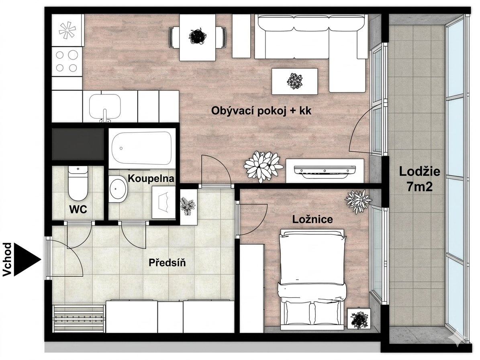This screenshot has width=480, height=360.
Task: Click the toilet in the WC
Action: pos(78,183)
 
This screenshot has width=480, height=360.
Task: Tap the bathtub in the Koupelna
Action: pos(141,148)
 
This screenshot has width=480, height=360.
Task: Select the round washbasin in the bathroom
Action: pos(118,188)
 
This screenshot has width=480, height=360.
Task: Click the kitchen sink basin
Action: pos(105,106)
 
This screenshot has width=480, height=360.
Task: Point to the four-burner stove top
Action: pos(67,61)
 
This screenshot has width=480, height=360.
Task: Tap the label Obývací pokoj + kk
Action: pos(261,111)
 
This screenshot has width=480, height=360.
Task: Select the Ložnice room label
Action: pos(312,219)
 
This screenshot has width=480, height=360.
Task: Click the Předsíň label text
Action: pos(167,262)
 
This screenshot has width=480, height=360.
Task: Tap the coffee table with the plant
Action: pos(295,81)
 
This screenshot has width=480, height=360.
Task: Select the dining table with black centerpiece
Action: pos(198,37)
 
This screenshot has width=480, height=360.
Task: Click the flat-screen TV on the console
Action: pos(325,171)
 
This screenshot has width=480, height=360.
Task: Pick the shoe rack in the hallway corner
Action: pos(79,318)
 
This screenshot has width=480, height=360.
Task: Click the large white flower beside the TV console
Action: pos(263,166)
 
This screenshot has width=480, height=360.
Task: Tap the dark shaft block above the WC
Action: pos(78,144)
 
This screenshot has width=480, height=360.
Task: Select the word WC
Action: pos(78,209)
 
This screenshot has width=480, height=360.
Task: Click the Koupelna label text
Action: pos(151,178)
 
